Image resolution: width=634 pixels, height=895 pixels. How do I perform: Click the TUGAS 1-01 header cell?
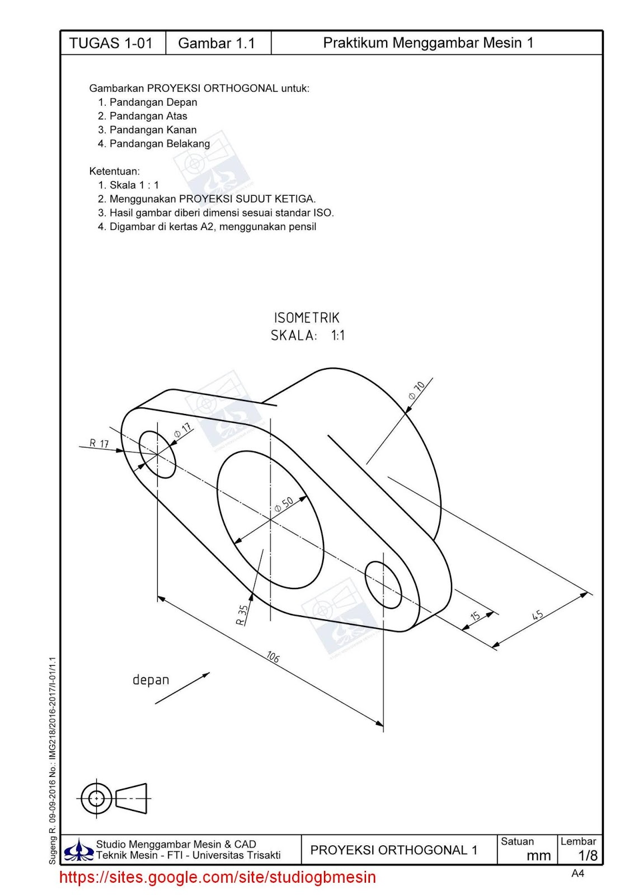111,43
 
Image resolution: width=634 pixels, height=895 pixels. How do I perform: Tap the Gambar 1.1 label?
217,43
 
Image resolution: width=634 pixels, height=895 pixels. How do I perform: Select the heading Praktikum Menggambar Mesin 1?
428,43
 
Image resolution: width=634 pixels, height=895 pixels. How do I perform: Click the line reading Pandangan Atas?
148,116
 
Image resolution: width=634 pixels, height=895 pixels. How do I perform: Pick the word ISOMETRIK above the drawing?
307,318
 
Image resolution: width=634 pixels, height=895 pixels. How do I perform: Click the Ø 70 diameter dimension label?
417,389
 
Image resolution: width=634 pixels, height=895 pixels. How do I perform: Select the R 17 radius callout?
100,444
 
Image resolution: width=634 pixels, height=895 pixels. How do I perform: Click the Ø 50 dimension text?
284,505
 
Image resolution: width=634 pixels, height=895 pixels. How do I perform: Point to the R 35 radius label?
242,615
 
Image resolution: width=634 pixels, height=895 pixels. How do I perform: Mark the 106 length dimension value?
273,656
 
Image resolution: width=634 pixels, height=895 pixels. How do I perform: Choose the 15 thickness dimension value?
475,616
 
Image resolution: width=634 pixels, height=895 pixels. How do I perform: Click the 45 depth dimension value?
537,615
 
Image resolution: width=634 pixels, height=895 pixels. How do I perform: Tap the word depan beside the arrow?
151,680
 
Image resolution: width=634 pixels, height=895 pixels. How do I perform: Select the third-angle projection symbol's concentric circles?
96,798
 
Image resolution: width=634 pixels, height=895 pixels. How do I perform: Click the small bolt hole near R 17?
157,454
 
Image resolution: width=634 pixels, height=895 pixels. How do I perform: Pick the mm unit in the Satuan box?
538,855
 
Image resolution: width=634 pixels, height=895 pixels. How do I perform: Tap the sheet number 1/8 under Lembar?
588,855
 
